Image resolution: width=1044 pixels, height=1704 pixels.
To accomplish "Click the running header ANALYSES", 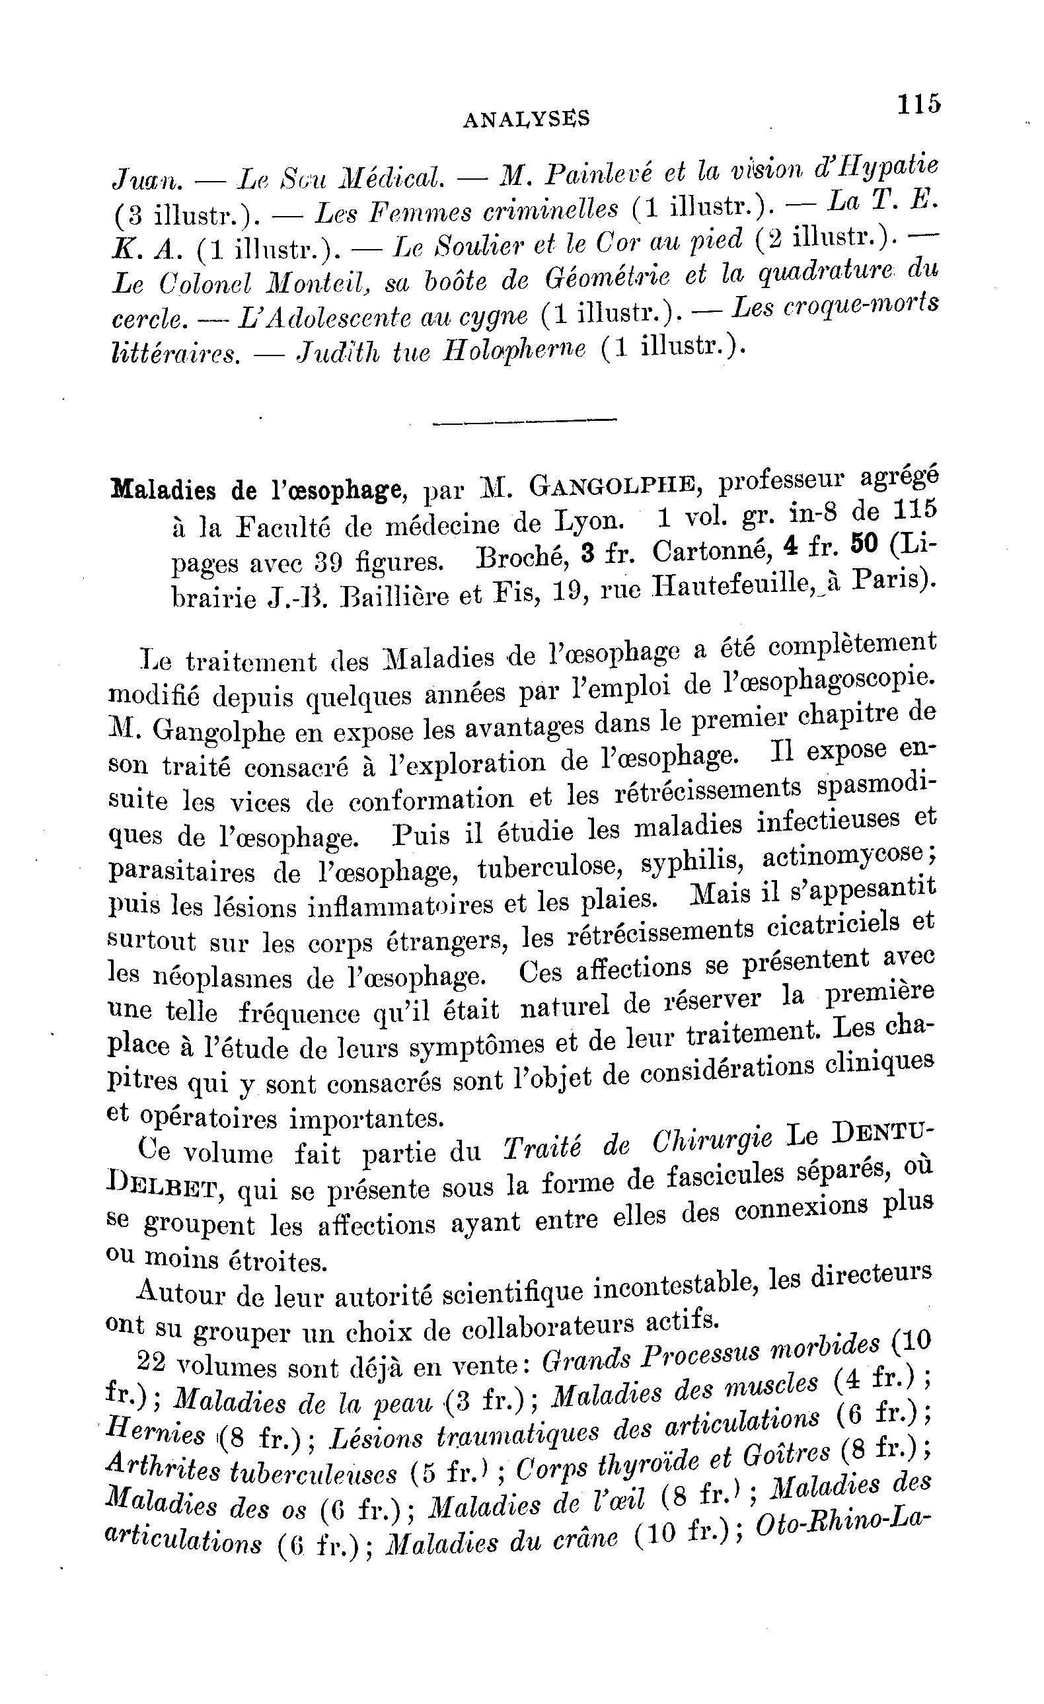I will [x=527, y=120].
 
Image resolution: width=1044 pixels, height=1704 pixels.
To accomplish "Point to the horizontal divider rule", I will [x=524, y=420].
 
